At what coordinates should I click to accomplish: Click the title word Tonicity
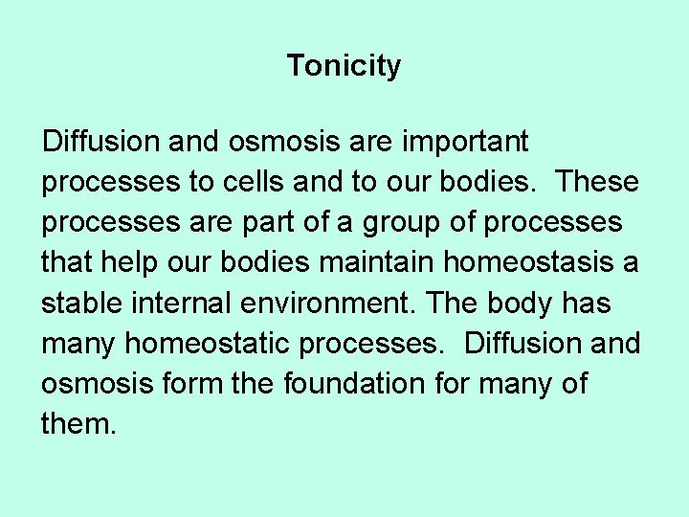click(344, 67)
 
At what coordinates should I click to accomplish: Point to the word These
click(597, 182)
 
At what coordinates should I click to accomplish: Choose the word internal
click(183, 303)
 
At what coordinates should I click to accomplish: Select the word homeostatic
click(219, 343)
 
